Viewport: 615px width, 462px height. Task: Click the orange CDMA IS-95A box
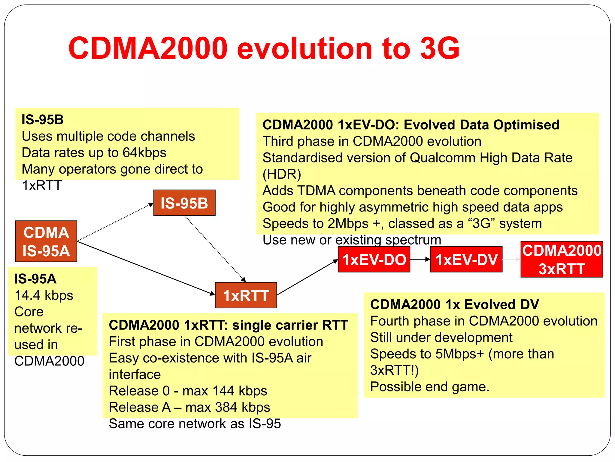tap(46, 241)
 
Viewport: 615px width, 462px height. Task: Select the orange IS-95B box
tap(184, 203)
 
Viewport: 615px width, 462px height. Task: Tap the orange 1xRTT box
tap(246, 295)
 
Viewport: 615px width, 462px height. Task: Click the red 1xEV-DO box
tap(374, 260)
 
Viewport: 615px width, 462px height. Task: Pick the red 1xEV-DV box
tap(466, 260)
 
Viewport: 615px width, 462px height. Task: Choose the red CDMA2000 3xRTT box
tap(562, 259)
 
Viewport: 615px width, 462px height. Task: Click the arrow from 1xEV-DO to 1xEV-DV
tap(420, 259)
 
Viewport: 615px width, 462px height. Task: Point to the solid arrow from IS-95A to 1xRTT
tap(144, 267)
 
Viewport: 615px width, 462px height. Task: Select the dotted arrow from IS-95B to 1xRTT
tap(215, 248)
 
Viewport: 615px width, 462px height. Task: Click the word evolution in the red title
tap(304, 49)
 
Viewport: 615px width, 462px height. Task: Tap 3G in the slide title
tap(440, 48)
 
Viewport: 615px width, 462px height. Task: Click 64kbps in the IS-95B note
tap(144, 153)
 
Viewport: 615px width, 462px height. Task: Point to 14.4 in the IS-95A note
tap(27, 295)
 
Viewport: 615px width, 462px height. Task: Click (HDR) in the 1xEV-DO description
tap(282, 174)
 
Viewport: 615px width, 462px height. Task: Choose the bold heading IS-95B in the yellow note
tap(43, 120)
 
